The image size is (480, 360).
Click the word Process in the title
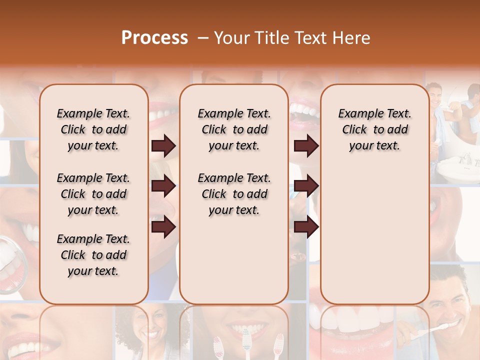[x=154, y=38]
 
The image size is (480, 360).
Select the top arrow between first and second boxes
[x=163, y=146]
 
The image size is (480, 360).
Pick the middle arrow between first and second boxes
[x=163, y=186]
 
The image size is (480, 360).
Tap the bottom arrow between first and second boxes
[x=163, y=227]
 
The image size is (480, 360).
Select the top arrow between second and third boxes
[x=306, y=146]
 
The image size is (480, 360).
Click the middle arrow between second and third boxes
[x=306, y=186]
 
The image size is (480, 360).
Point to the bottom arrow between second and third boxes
[x=306, y=227]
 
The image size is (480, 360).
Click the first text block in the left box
[x=93, y=129]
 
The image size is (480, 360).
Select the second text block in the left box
[x=93, y=194]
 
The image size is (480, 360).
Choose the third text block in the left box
[x=93, y=255]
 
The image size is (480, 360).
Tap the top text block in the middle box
[x=234, y=129]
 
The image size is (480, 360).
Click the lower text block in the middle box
[x=234, y=194]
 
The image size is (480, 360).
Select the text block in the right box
[x=374, y=129]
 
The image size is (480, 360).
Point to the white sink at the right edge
[x=457, y=167]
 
